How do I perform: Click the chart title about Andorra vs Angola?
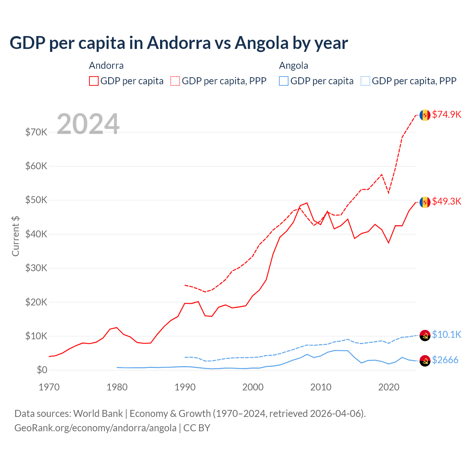tap(178, 43)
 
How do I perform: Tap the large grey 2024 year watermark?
tap(88, 124)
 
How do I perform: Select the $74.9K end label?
tap(446, 114)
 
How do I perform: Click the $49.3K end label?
tap(446, 201)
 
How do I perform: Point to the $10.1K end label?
tap(446, 334)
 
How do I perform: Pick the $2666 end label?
tap(445, 360)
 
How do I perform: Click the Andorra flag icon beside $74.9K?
tap(425, 115)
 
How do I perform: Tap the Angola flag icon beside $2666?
tap(425, 361)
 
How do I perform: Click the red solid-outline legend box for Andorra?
tap(94, 81)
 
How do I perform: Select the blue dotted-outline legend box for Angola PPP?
tap(365, 81)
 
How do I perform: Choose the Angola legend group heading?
tap(293, 65)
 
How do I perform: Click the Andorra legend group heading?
tap(106, 65)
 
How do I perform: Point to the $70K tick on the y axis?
tap(36, 132)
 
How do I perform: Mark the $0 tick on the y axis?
tap(42, 370)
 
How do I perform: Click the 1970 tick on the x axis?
tap(49, 387)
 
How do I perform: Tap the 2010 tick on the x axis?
tap(321, 387)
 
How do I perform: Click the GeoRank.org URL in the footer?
tap(95, 428)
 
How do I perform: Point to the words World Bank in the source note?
tap(98, 414)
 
